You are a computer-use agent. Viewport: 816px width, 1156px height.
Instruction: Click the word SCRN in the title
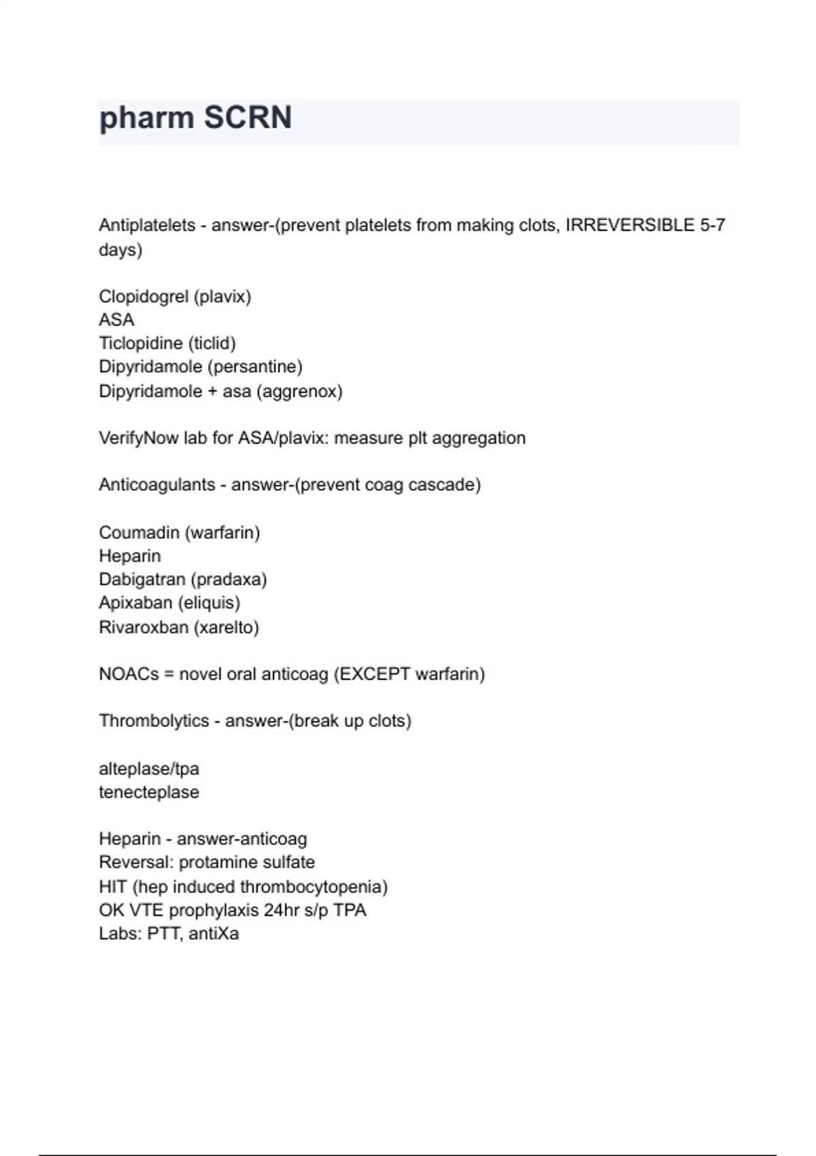pyautogui.click(x=248, y=118)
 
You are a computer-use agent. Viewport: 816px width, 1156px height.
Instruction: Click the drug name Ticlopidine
pyautogui.click(x=141, y=343)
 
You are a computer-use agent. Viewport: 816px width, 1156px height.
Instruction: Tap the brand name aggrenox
pyautogui.click(x=299, y=392)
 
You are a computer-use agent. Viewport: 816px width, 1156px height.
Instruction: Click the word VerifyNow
pyautogui.click(x=139, y=439)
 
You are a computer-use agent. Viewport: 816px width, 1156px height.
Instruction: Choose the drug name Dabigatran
pyautogui.click(x=142, y=579)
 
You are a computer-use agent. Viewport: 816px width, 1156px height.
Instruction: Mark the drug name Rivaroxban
pyautogui.click(x=143, y=627)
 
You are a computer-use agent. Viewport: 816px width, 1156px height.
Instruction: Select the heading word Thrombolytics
pyautogui.click(x=154, y=721)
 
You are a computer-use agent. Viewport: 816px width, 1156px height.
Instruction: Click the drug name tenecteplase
pyautogui.click(x=149, y=792)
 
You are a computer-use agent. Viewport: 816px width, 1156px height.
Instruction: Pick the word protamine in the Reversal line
pyautogui.click(x=216, y=862)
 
